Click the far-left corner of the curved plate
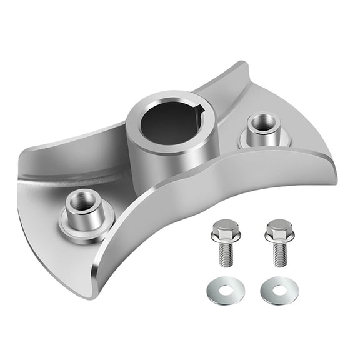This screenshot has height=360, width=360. [x=20, y=154]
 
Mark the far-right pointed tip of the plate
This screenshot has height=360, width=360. [x=336, y=181]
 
